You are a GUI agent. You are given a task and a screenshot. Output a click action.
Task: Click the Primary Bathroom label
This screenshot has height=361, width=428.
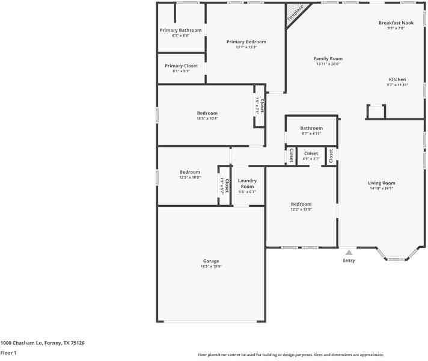(x=180, y=30)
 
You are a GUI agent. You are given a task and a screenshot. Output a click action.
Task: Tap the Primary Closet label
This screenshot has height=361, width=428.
(x=181, y=66)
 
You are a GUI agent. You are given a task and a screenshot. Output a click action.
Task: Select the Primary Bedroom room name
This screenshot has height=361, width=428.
(x=246, y=42)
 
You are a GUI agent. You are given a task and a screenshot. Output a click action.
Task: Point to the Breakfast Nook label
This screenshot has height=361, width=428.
(x=396, y=23)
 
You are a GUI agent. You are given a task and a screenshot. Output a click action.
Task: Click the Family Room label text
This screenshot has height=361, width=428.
(x=328, y=59)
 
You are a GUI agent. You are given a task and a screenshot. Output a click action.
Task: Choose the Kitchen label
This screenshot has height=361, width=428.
(x=397, y=79)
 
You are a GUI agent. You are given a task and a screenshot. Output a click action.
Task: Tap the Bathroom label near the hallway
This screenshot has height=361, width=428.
(x=311, y=128)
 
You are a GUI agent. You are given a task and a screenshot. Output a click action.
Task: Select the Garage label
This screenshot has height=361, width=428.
(x=210, y=261)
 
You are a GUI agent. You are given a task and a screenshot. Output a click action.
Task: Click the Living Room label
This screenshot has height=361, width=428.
(x=382, y=183)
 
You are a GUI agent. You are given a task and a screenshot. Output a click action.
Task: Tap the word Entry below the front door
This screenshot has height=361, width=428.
(x=349, y=261)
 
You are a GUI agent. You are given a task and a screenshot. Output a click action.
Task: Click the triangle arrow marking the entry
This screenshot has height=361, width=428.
(x=349, y=253)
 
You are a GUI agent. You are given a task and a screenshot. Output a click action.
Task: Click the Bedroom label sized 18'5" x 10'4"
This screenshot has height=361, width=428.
(x=207, y=113)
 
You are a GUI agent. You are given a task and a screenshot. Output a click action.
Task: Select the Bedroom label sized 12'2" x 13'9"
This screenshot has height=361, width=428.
(x=301, y=205)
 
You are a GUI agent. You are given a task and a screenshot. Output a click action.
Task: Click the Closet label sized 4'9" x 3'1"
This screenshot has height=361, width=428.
(x=311, y=154)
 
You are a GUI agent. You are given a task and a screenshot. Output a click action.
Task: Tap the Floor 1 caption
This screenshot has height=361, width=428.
(x=8, y=353)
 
